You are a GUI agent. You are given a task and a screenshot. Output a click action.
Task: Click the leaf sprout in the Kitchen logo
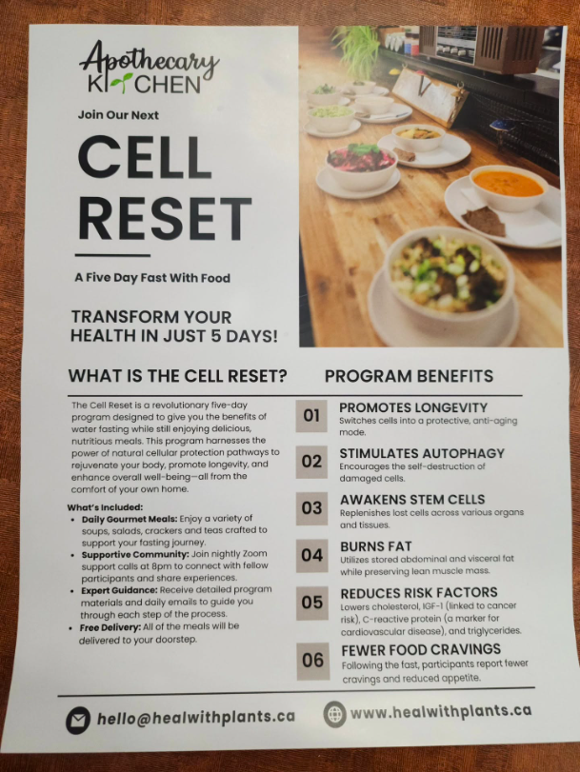point(120,83)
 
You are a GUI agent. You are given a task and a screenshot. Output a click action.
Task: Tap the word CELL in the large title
point(145,157)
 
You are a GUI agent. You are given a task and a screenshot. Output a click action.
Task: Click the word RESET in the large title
point(165,218)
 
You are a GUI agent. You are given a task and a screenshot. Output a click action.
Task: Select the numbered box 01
point(311,416)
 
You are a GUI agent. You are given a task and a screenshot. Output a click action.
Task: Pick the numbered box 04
point(312,555)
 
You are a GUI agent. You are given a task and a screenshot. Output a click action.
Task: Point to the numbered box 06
point(313,661)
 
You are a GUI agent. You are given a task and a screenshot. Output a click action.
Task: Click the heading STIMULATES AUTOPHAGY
point(422,453)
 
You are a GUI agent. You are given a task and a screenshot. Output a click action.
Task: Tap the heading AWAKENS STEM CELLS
point(412,499)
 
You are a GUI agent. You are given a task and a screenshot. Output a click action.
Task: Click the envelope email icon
point(78,721)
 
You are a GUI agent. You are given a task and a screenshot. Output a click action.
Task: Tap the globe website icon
point(334,714)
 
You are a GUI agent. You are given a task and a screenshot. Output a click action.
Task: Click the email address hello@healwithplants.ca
point(195,718)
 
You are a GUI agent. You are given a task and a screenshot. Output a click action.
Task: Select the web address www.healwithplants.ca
point(441,711)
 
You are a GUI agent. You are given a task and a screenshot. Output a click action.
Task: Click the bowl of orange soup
point(508,188)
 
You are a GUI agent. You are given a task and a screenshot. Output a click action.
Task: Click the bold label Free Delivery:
point(110,627)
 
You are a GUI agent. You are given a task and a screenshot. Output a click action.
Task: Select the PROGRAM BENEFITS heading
point(409,376)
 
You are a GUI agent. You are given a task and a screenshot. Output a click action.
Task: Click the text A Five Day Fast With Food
point(152,278)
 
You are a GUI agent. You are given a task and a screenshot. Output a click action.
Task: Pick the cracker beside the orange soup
point(485,221)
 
